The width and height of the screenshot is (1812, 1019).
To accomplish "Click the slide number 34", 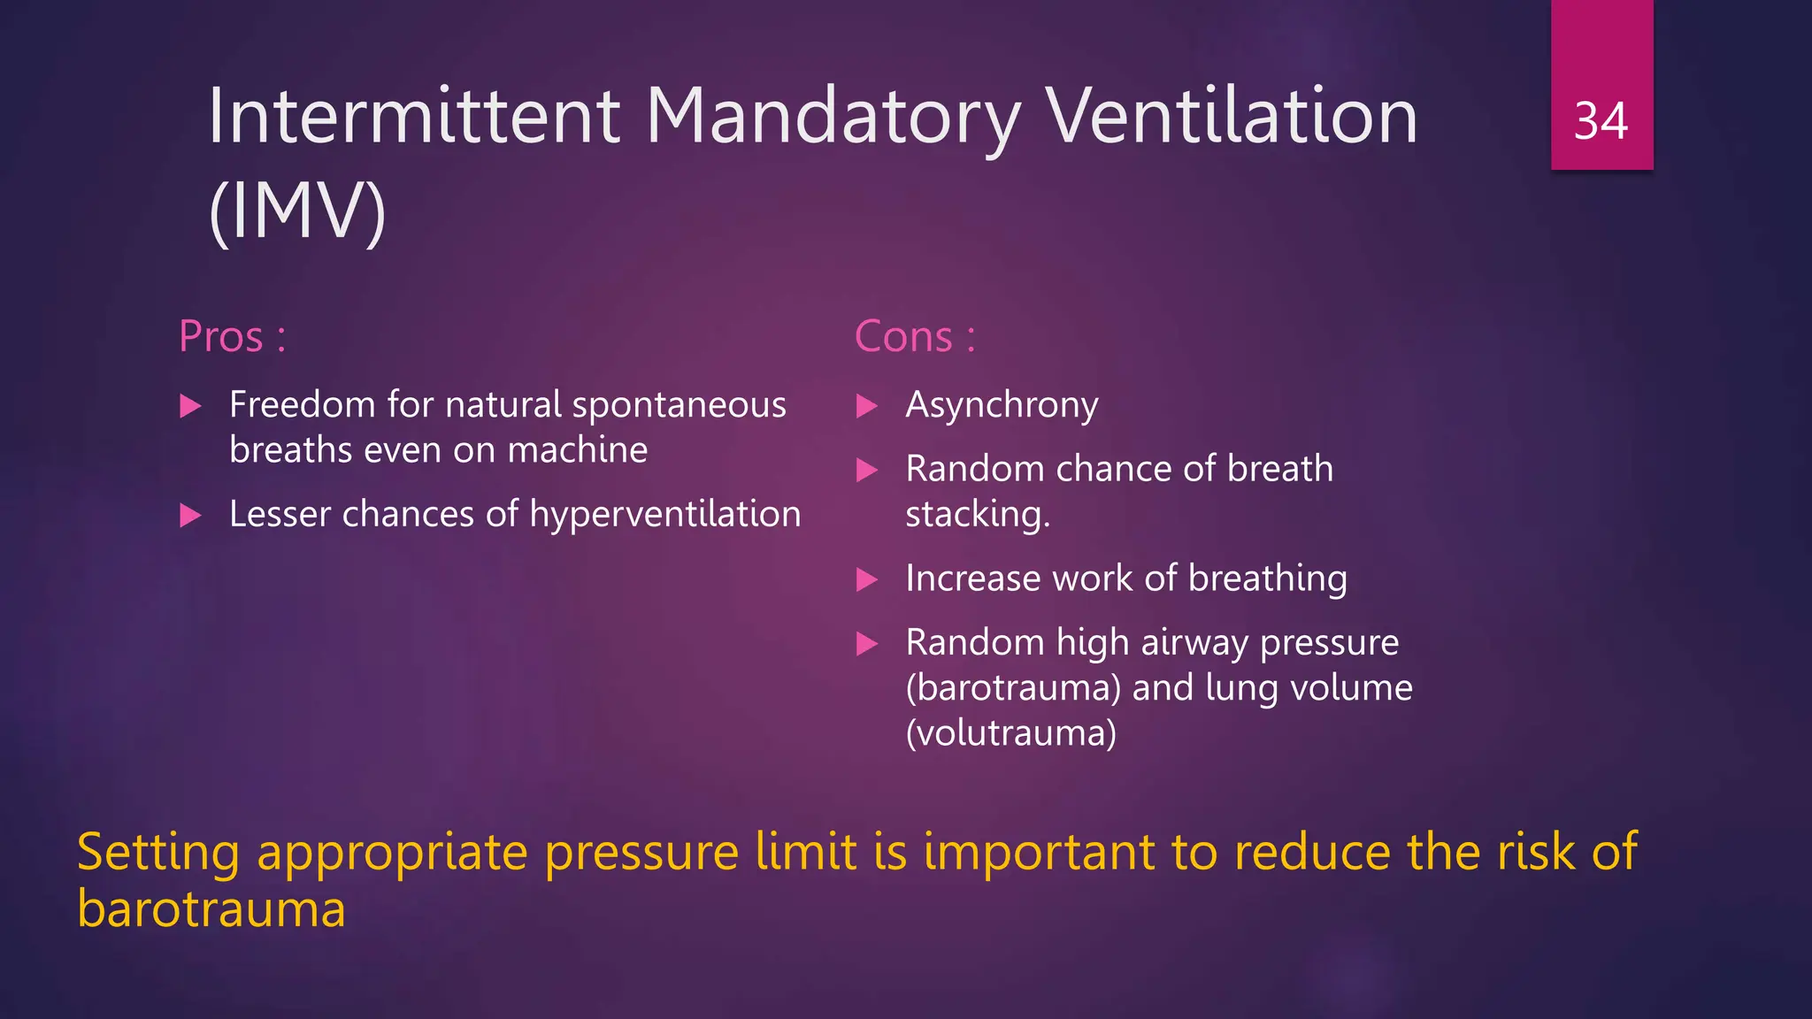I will (x=1601, y=121).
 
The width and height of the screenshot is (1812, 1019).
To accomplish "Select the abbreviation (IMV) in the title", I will (x=297, y=211).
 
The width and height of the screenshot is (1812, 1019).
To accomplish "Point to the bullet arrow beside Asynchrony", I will (x=867, y=407).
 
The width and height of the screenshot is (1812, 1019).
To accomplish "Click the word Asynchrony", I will (x=1002, y=406).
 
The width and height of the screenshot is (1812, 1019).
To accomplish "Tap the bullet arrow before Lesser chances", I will (x=190, y=516).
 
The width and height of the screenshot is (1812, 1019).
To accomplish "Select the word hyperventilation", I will (x=664, y=515).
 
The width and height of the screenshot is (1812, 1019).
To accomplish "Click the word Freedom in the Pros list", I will (x=303, y=405).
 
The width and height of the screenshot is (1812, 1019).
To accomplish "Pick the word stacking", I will (x=977, y=515).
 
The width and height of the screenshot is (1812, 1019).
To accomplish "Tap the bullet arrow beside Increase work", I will (x=867, y=580).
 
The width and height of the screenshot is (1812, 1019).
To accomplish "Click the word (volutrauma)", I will (x=1010, y=733).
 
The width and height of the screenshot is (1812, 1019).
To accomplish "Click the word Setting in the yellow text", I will (x=158, y=853).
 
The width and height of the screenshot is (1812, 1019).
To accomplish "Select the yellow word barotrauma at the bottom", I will (x=211, y=909).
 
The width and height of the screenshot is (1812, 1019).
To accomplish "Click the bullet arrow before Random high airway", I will (x=867, y=644).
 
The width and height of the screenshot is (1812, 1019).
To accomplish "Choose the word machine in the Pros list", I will (x=577, y=451).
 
